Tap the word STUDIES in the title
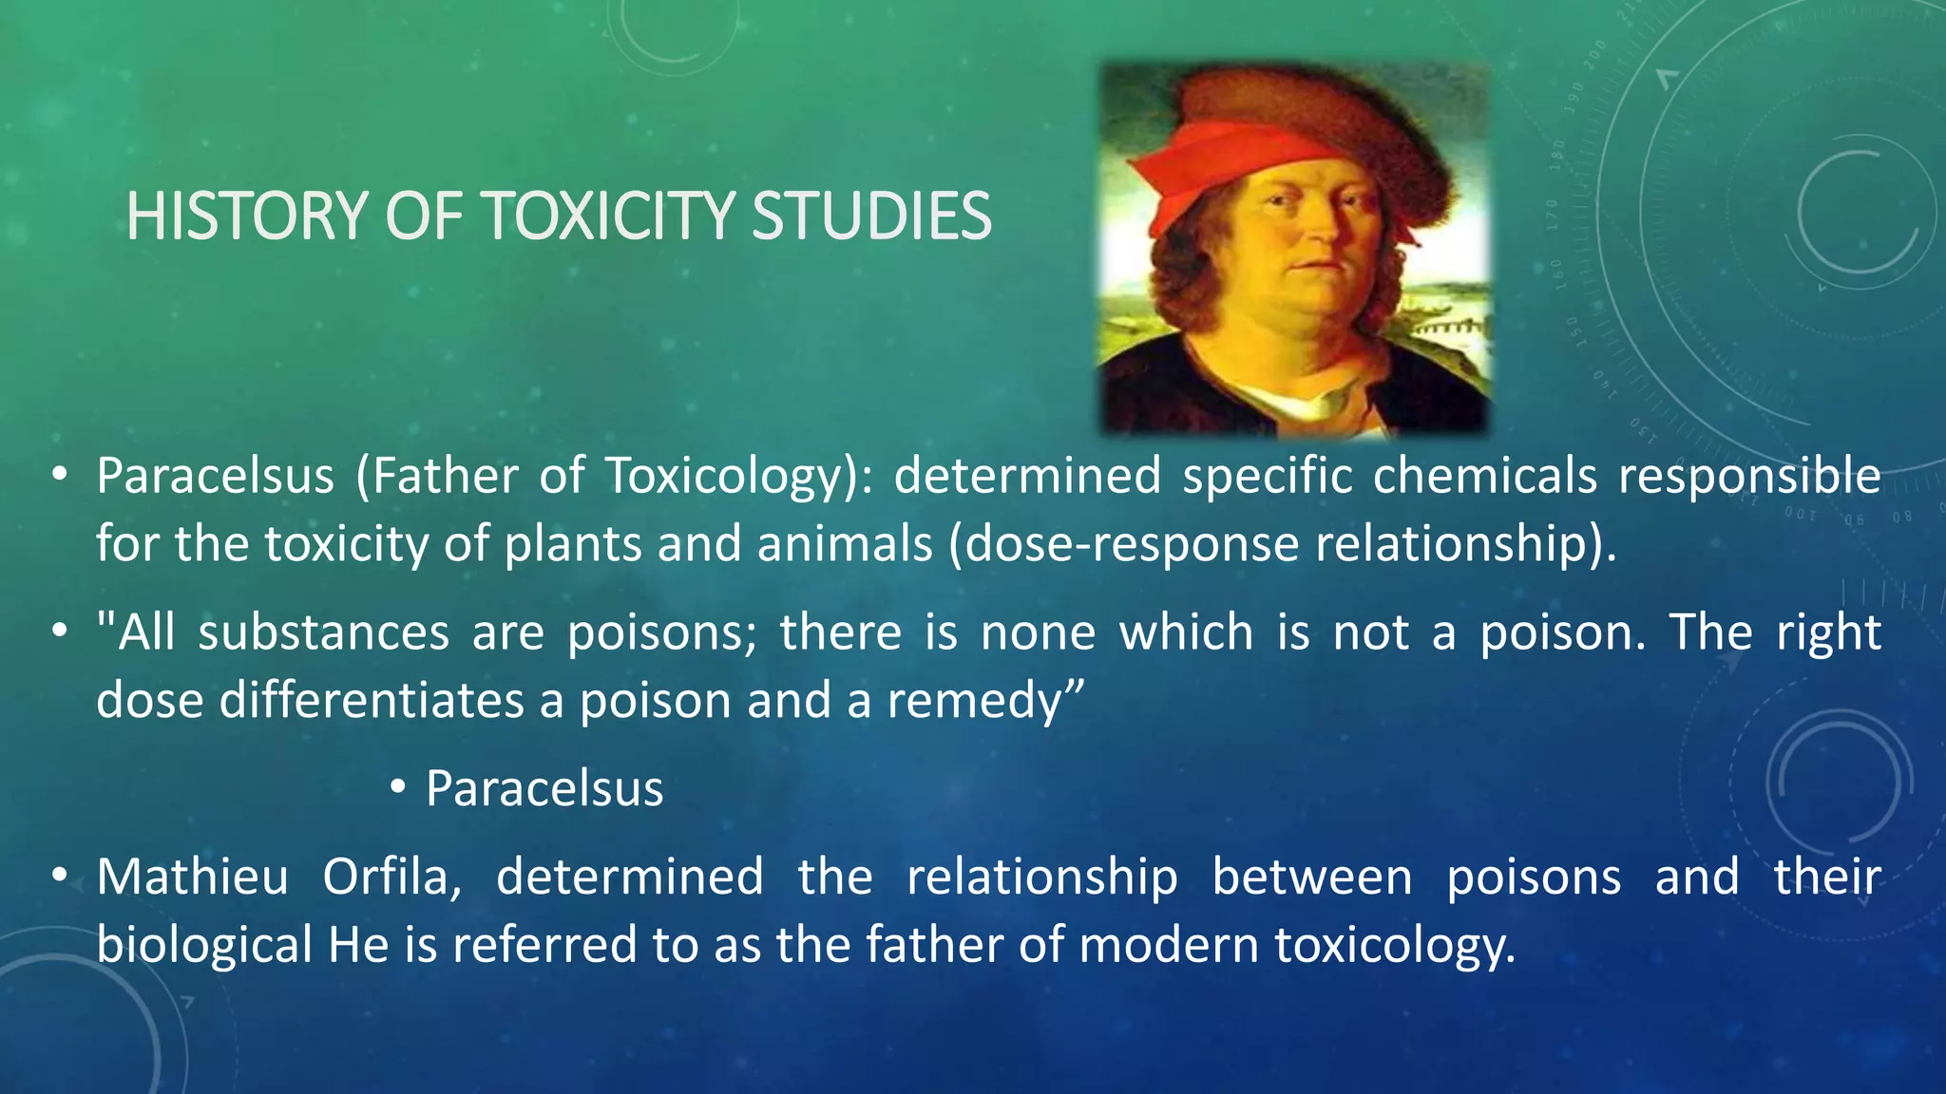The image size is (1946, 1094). (871, 217)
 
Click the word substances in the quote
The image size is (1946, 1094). (323, 632)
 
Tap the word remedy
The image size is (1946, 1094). (975, 702)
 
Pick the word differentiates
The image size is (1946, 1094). (372, 701)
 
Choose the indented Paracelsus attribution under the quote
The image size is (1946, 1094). (544, 789)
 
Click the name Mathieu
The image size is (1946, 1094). (192, 877)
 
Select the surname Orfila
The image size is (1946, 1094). (391, 877)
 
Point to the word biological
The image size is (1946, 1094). (204, 946)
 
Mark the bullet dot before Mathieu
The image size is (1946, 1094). (60, 875)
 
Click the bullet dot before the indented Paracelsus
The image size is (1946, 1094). (398, 787)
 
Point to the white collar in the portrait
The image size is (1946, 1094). (1302, 404)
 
